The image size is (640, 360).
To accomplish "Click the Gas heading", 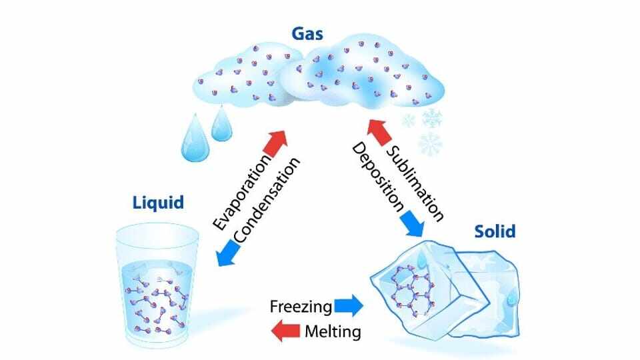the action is pyautogui.click(x=307, y=34).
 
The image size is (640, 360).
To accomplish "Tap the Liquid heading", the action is pyautogui.click(x=159, y=203).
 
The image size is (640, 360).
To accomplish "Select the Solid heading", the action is pyautogui.click(x=495, y=231).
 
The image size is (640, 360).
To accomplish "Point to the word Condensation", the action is pyautogui.click(x=267, y=200).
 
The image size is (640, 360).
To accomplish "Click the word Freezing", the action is pyautogui.click(x=301, y=306).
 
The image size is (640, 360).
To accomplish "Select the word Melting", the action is pyautogui.click(x=333, y=331).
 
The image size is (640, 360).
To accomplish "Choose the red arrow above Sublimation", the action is pyautogui.click(x=379, y=132).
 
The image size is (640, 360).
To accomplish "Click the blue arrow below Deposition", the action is pyautogui.click(x=412, y=224).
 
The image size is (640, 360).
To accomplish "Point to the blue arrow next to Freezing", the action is pyautogui.click(x=349, y=306).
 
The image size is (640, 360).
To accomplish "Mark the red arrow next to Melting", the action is pyautogui.click(x=286, y=330).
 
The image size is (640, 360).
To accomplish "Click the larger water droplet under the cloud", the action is pyautogui.click(x=195, y=139).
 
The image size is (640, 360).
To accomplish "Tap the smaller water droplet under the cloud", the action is pyautogui.click(x=221, y=124).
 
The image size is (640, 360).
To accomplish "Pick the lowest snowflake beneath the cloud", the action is pyautogui.click(x=430, y=144).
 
